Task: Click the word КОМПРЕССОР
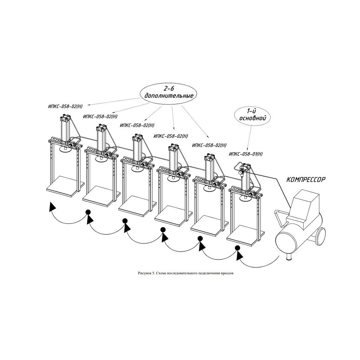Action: coord(306,179)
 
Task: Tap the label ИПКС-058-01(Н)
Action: coord(246,154)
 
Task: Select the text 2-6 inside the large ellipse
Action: coord(168,89)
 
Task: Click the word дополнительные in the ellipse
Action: coord(169,96)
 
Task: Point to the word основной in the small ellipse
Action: coord(253,118)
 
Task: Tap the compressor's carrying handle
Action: coord(281,217)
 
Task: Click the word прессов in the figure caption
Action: coord(227,273)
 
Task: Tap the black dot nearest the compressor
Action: coord(238,248)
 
